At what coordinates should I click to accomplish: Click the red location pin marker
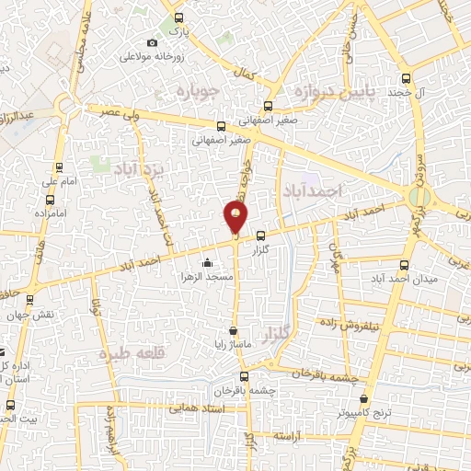pyautogui.click(x=235, y=217)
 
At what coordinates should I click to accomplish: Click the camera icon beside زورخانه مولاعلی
pyautogui.click(x=152, y=42)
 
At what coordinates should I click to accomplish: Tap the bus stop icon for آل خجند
pyautogui.click(x=406, y=79)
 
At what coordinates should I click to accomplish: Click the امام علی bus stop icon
pyautogui.click(x=59, y=167)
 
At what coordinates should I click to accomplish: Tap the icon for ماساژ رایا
pyautogui.click(x=235, y=329)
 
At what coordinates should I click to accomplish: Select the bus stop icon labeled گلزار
pyautogui.click(x=261, y=236)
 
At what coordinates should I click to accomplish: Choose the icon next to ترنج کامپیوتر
pyautogui.click(x=367, y=399)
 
